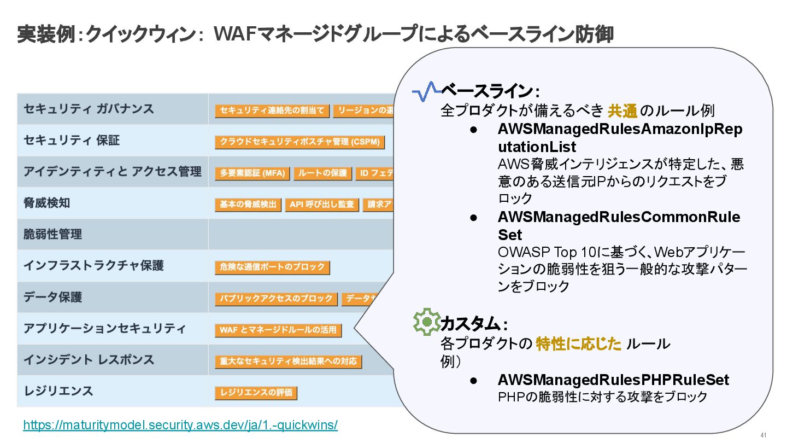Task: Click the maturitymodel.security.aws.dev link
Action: pos(180,425)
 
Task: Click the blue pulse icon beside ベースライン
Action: pos(426,91)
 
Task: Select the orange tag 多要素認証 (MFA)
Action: pos(252,173)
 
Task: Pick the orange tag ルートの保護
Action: pos(322,173)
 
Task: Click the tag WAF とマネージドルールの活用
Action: pos(278,330)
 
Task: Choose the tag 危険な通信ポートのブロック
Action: pos(272,268)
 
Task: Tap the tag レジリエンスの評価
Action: pos(256,393)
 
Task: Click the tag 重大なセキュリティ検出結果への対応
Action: pos(288,362)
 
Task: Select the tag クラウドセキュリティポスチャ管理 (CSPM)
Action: pos(299,142)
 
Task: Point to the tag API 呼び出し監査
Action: pos(322,205)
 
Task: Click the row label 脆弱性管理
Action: pos(52,234)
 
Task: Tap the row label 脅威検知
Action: pos(46,203)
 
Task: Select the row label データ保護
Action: pos(52,297)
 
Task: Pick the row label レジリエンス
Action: pos(58,391)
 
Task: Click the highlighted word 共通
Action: pos(622,111)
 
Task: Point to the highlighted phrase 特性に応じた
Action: pos(579,344)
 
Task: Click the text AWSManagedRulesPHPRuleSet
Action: pos(613,380)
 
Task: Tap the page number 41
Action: pos(763,435)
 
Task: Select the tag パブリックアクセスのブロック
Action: pos(276,299)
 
